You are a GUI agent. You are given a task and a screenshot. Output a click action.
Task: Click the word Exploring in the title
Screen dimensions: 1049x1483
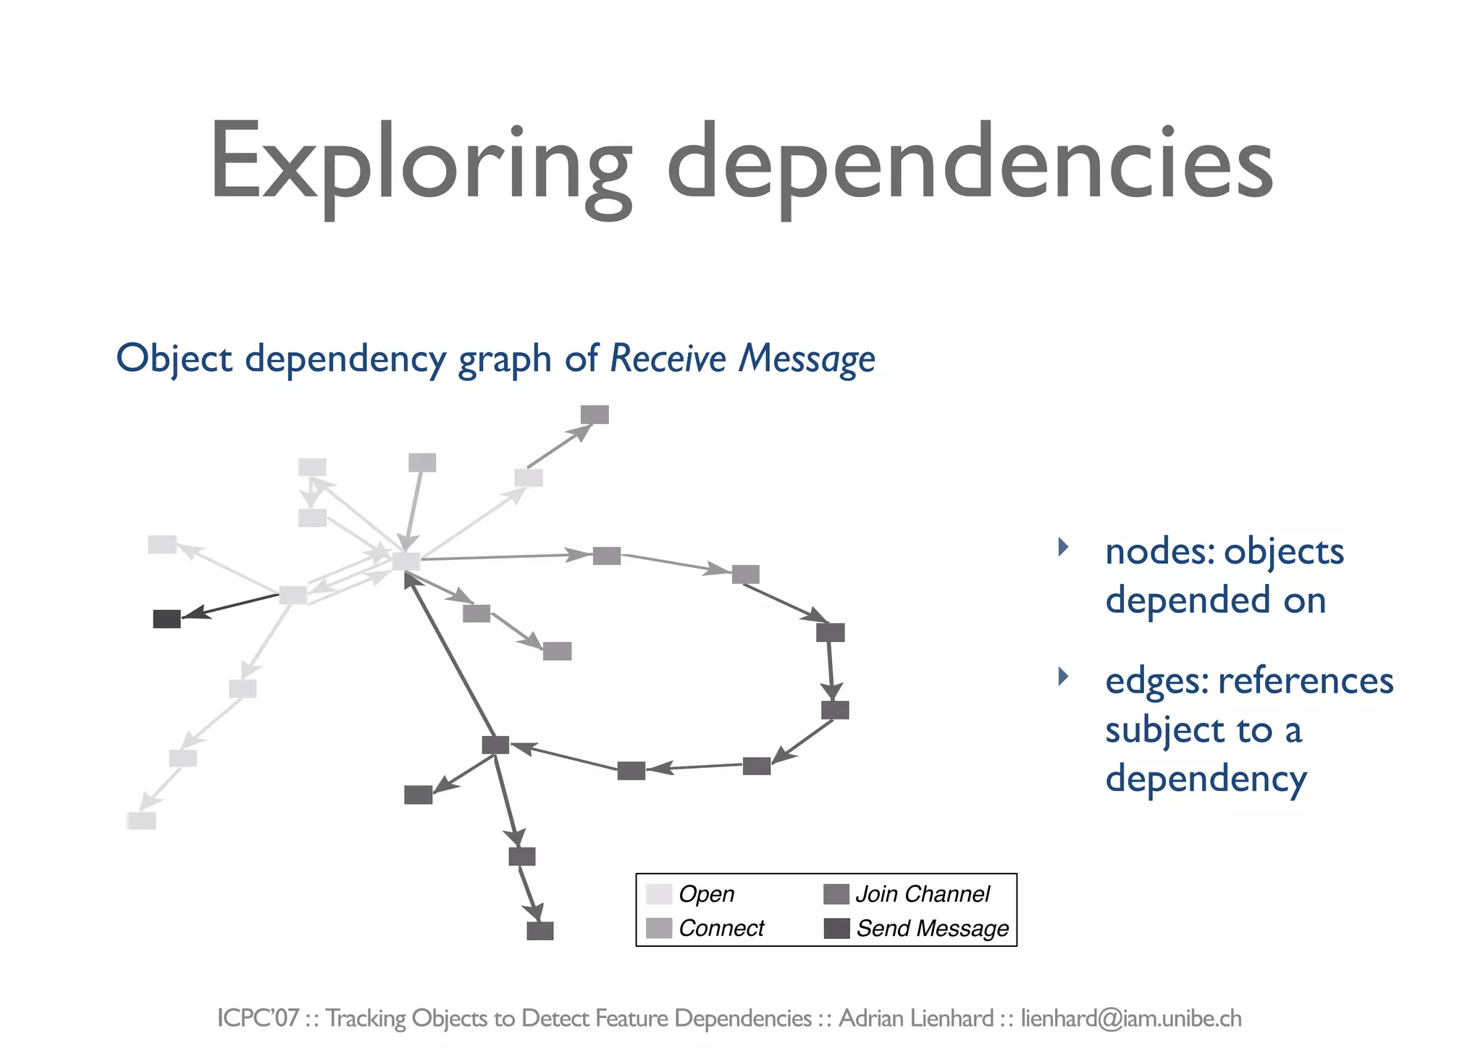click(x=420, y=163)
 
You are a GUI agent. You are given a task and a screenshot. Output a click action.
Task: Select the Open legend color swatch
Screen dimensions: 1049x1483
click(x=659, y=894)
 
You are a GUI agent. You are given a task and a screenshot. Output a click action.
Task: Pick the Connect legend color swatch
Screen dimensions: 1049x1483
click(x=659, y=928)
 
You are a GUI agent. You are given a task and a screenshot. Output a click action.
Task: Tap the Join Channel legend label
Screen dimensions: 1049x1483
click(x=922, y=894)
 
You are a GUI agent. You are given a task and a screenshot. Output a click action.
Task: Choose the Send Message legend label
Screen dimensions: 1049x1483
click(x=932, y=928)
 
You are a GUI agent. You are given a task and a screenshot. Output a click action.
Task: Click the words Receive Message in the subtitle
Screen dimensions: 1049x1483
click(x=742, y=359)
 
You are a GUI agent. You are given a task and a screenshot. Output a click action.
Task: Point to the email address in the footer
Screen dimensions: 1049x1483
click(x=1131, y=1018)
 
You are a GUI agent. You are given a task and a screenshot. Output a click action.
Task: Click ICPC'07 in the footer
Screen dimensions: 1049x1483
click(x=258, y=1018)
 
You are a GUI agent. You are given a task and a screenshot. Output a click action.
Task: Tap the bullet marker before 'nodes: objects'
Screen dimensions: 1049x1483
click(x=1063, y=547)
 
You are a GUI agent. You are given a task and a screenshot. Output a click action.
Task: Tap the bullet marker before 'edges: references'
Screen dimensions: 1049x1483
click(x=1063, y=677)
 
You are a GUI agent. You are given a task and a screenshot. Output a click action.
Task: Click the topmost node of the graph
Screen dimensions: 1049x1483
click(x=595, y=414)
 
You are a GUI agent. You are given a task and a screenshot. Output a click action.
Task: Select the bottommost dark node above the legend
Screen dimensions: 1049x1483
click(x=540, y=931)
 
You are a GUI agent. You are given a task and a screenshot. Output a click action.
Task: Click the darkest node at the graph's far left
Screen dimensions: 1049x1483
click(x=167, y=619)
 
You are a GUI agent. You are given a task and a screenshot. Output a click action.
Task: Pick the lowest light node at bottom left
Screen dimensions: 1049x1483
click(x=142, y=821)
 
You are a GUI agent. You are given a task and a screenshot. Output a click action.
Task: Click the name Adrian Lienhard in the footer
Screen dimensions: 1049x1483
click(x=915, y=1018)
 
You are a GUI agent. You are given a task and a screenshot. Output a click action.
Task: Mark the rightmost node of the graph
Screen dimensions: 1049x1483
click(x=835, y=710)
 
